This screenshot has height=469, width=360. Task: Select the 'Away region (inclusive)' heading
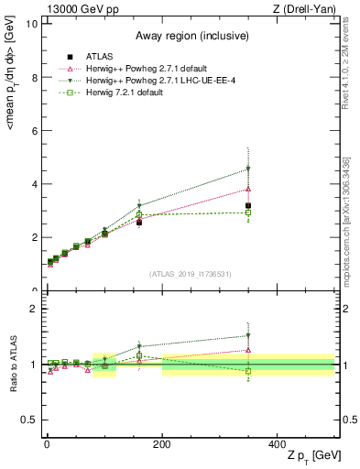tap(190, 36)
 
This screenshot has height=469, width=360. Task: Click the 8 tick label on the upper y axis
tap(33, 77)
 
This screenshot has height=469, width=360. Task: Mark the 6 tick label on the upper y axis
tap(33, 131)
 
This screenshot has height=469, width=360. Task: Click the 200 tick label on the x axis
tap(161, 444)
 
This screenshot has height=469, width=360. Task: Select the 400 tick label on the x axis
tap(278, 444)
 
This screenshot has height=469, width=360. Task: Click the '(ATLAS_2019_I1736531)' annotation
tap(190, 274)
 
